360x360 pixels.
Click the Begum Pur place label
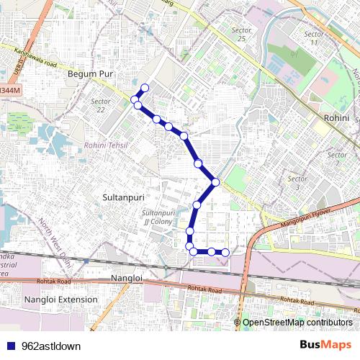point(86,73)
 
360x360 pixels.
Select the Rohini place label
point(336,117)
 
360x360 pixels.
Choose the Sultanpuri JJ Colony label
point(158,217)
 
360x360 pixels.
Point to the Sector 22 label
point(101,105)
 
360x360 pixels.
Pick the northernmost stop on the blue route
point(144,89)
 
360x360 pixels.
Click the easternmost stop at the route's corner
point(215,181)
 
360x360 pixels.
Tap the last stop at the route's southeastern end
point(225,252)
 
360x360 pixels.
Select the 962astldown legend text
point(51,346)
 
